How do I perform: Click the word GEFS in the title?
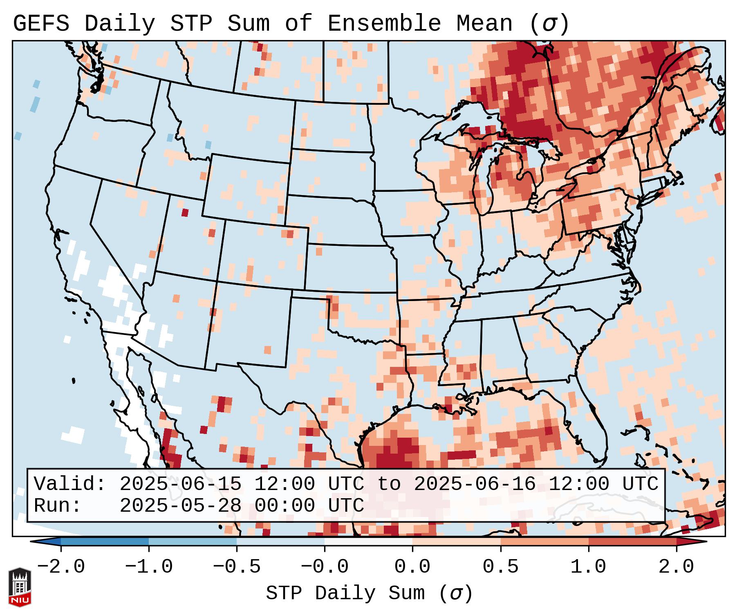[x=41, y=24]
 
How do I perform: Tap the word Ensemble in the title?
[x=384, y=24]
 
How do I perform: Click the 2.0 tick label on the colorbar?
[x=677, y=567]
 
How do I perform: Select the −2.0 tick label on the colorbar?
[x=61, y=567]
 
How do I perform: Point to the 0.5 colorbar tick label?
[x=501, y=567]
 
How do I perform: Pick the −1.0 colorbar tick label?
[x=149, y=567]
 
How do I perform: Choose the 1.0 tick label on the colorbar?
[x=589, y=567]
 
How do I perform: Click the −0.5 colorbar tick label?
[x=237, y=567]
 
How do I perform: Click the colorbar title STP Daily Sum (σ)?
[x=369, y=594]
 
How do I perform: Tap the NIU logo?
[x=20, y=587]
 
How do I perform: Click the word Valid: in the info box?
[x=70, y=484]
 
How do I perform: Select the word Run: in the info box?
[x=58, y=506]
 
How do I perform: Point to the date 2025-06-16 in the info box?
[x=475, y=484]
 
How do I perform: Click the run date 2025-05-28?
[x=180, y=506]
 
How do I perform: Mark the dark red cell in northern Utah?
[x=185, y=213]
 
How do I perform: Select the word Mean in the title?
[x=484, y=24]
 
